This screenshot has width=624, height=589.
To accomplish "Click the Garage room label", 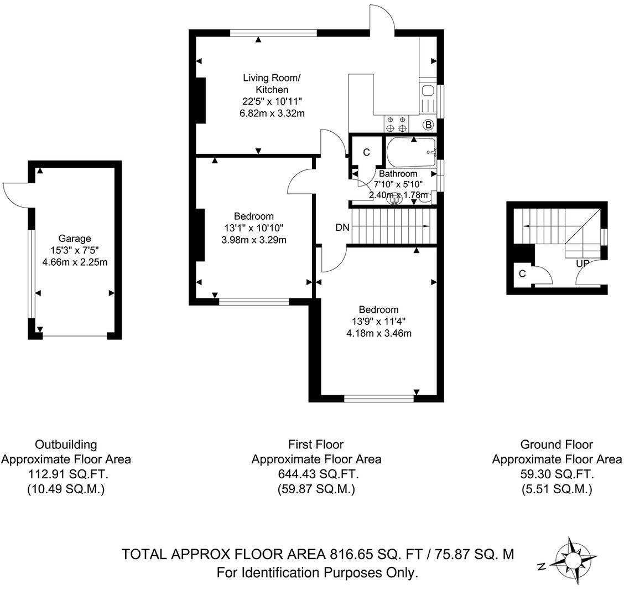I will pos(71,239).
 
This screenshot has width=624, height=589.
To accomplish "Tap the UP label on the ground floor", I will pos(581,263).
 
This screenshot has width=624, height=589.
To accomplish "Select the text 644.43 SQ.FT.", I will pos(316,474).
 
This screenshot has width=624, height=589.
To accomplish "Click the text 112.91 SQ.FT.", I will pos(66,474).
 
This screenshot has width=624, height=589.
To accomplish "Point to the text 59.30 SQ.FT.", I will pos(557,474).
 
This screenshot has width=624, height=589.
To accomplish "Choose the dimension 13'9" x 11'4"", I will pos(378,321).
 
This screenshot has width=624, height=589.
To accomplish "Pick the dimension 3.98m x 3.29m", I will pos(253,240).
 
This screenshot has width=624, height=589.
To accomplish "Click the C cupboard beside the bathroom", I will pos(366,152).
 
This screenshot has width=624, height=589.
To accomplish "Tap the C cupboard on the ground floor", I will pos(522,273).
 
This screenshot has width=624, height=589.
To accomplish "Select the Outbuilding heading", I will pos(66,444).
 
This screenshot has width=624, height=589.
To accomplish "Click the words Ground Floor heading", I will pos(557,444).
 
